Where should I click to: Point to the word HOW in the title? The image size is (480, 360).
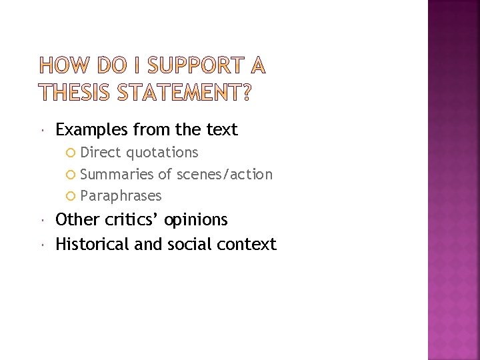(x=63, y=66)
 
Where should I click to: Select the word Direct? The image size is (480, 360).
(x=101, y=153)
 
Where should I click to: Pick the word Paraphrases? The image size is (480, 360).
(x=121, y=196)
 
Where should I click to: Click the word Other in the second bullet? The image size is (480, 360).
(x=73, y=220)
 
